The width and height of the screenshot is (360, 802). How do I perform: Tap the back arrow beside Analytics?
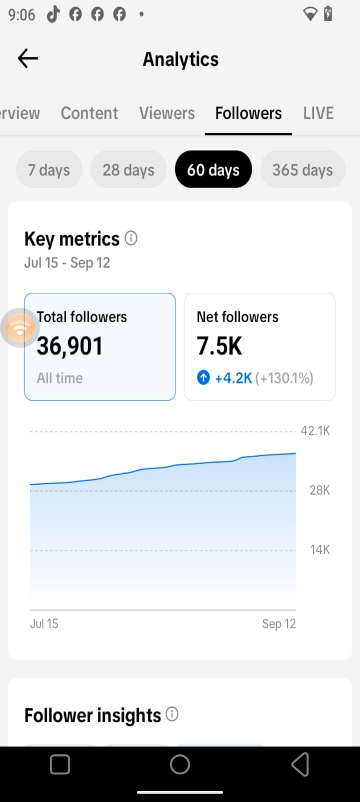(x=28, y=58)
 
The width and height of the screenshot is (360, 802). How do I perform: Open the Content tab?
(x=89, y=113)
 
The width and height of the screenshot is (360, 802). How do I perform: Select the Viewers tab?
(x=167, y=113)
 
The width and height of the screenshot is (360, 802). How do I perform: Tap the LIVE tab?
(x=318, y=113)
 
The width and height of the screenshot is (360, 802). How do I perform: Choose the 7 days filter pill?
(x=49, y=169)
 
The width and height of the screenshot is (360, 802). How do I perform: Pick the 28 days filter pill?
(x=128, y=169)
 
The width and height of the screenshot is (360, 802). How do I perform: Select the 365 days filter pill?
(x=303, y=169)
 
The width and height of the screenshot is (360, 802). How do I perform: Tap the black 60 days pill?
(x=214, y=169)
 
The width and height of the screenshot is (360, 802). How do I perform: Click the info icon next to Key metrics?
(x=131, y=238)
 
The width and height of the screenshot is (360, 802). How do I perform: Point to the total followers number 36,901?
(x=70, y=346)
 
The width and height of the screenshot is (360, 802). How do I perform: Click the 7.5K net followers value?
(x=219, y=346)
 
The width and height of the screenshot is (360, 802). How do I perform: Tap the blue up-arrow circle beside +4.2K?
(x=204, y=377)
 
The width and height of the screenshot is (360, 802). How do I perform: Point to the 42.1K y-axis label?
(x=315, y=431)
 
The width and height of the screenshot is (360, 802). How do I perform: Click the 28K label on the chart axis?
(x=319, y=490)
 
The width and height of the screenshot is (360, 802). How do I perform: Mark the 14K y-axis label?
(x=320, y=549)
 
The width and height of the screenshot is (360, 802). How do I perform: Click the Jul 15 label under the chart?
(x=44, y=624)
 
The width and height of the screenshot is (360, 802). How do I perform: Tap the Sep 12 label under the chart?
(x=279, y=624)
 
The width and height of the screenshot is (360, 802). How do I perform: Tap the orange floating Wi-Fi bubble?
(x=20, y=328)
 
